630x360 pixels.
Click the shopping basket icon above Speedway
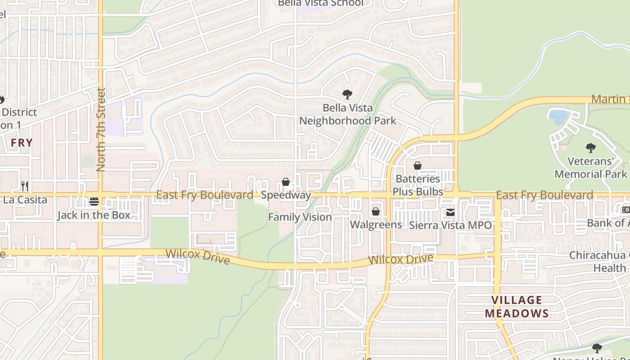click(x=285, y=182)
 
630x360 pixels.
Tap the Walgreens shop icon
click(x=376, y=211)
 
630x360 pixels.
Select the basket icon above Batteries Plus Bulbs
click(x=418, y=166)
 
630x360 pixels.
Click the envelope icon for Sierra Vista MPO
click(x=450, y=212)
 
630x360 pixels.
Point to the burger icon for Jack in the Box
click(x=94, y=201)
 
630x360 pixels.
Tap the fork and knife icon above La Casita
click(x=25, y=186)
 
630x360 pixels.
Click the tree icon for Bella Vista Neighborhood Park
click(x=347, y=94)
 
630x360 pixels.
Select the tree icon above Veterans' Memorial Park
click(x=590, y=148)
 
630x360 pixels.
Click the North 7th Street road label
click(x=100, y=130)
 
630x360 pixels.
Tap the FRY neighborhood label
click(x=22, y=143)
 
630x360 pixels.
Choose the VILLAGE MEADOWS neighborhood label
click(x=517, y=306)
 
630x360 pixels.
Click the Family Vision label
click(x=300, y=217)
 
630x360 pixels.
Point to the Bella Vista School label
click(x=320, y=3)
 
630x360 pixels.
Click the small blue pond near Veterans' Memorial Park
click(x=558, y=117)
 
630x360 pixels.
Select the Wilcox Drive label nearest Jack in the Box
click(x=198, y=257)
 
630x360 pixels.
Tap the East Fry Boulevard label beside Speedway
click(x=205, y=195)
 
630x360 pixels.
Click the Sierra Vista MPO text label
click(x=450, y=225)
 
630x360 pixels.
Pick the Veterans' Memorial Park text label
click(x=590, y=167)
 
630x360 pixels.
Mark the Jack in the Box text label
click(x=94, y=215)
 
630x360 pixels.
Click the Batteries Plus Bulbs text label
click(x=418, y=185)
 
